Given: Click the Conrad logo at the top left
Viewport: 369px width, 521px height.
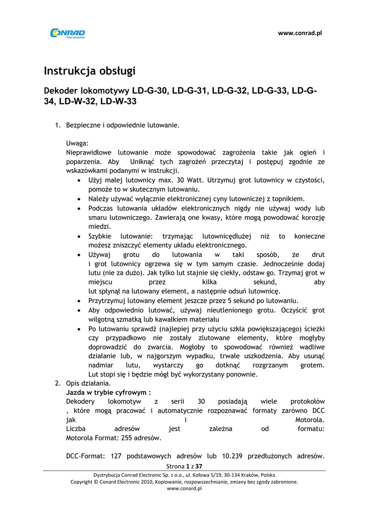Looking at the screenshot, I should (67, 33).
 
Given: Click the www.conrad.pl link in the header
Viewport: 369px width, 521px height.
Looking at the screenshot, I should (300, 33).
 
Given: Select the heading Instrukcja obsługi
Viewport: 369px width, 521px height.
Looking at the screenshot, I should (90, 71).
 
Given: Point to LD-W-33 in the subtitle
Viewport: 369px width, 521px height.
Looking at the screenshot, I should (118, 101).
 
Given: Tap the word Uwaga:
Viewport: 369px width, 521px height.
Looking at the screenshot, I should (77, 143).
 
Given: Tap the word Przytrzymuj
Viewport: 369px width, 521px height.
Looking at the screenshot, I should (107, 300).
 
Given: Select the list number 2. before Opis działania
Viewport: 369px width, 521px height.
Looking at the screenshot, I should (58, 383).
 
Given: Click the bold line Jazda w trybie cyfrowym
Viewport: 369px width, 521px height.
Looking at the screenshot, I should (108, 392).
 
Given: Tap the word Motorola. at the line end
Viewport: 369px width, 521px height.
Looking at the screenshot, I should (310, 420).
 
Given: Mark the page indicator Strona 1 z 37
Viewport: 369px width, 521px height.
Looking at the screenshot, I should (185, 466).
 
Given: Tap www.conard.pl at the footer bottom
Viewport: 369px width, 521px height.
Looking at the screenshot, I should (185, 488).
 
